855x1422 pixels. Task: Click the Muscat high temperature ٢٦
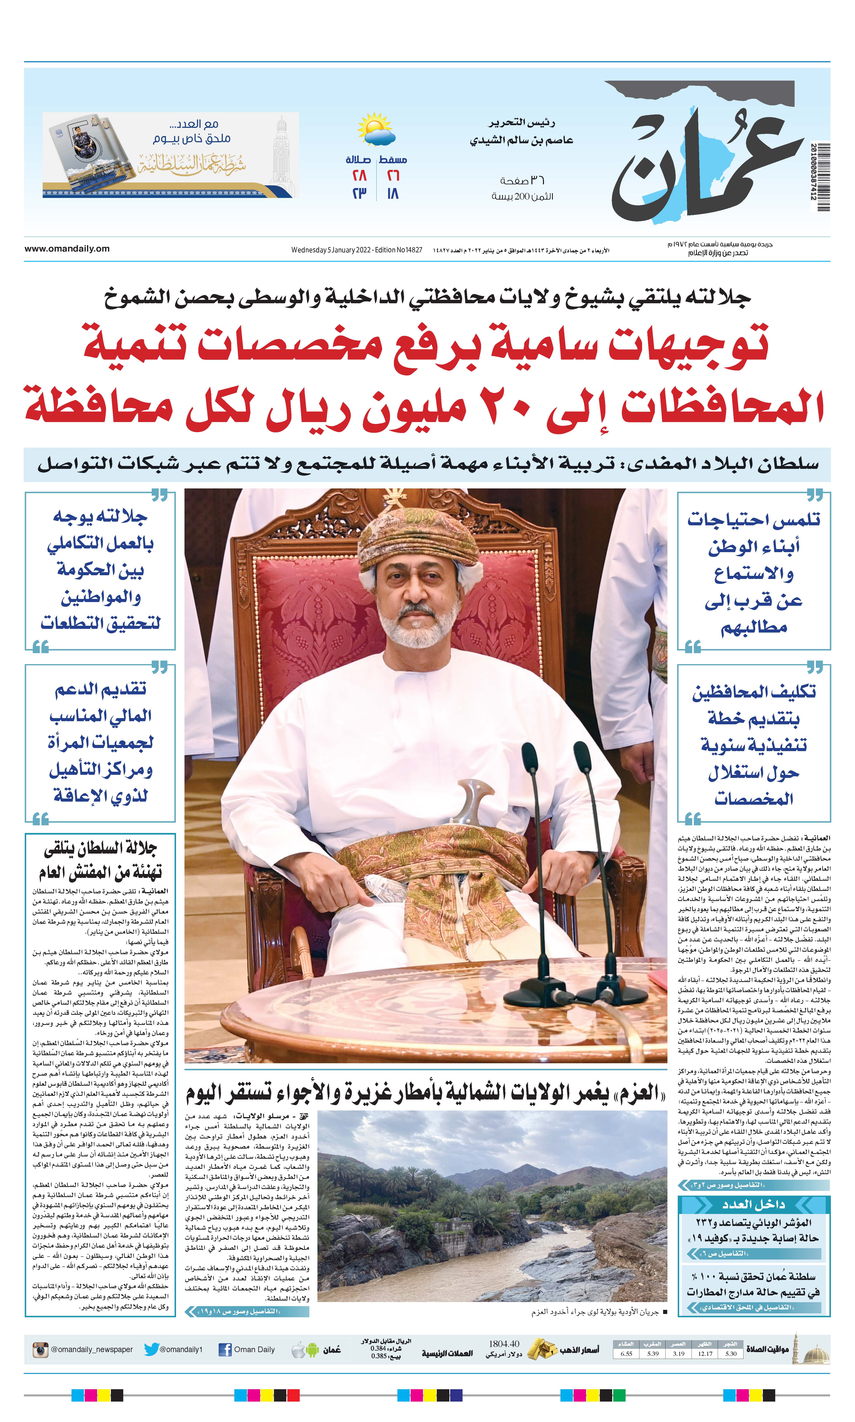pyautogui.click(x=393, y=176)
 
